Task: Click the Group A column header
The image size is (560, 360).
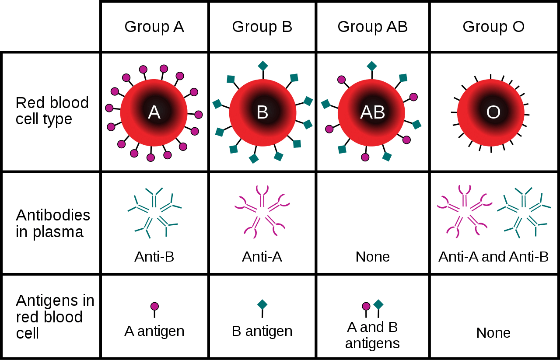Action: (154, 27)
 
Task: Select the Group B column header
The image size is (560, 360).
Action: (262, 27)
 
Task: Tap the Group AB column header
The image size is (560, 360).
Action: (372, 27)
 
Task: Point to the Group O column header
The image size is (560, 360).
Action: (493, 27)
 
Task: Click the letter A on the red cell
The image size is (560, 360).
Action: (154, 112)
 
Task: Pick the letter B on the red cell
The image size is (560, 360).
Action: (262, 112)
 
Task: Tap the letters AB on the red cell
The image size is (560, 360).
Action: (372, 112)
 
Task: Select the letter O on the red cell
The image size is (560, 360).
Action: (493, 112)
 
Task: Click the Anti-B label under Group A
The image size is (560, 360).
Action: (154, 256)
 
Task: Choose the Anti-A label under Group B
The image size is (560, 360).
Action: (262, 256)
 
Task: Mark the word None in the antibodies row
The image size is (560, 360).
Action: (372, 256)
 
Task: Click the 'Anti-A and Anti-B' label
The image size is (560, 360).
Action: (493, 256)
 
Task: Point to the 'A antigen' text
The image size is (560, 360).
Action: (154, 331)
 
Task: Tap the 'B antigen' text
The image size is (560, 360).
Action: (262, 331)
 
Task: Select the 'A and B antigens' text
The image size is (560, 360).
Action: (372, 335)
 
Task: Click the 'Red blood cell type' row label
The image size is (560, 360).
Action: (52, 111)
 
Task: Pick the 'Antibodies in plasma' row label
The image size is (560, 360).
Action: (52, 223)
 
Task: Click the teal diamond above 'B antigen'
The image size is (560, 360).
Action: (262, 304)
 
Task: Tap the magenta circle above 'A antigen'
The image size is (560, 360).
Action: (154, 306)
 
